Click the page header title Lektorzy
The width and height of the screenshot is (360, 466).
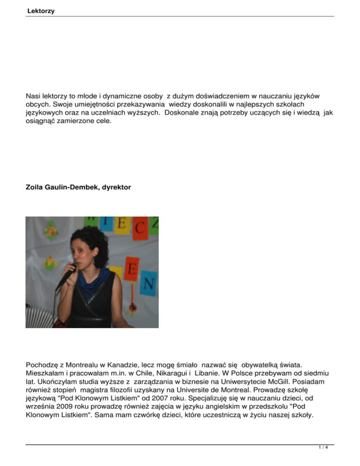tap(41, 10)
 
